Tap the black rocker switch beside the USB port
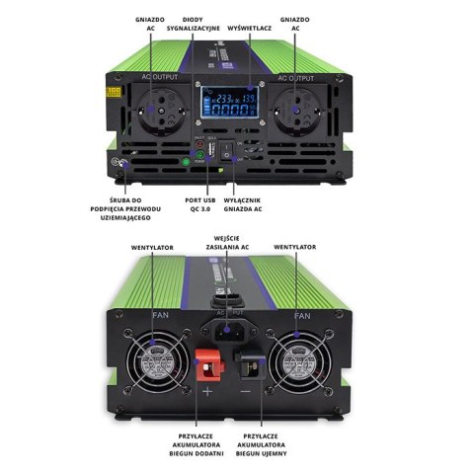point(229,152)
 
